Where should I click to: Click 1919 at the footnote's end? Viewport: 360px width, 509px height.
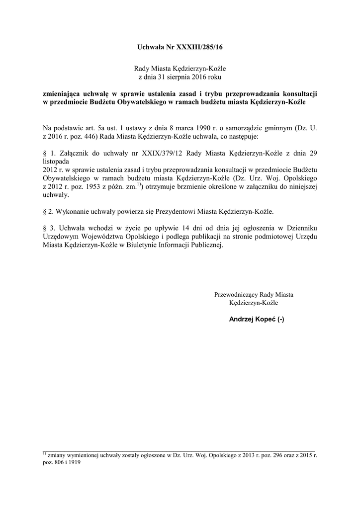pyautogui.click(x=74, y=462)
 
